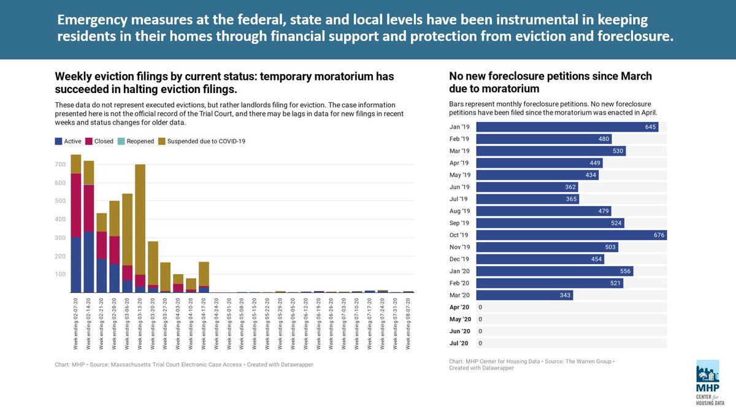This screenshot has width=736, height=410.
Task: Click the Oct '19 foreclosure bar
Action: click(570, 235)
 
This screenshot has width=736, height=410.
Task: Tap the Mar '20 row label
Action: click(460, 295)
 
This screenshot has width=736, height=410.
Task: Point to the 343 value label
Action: click(565, 295)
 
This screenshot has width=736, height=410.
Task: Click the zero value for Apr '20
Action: click(480, 307)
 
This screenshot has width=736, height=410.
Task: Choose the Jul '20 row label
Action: click(459, 343)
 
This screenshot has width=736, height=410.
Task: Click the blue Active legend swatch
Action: click(58, 141)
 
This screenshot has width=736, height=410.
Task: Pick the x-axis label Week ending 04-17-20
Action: click(204, 322)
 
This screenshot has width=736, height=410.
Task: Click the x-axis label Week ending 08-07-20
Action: click(408, 322)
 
